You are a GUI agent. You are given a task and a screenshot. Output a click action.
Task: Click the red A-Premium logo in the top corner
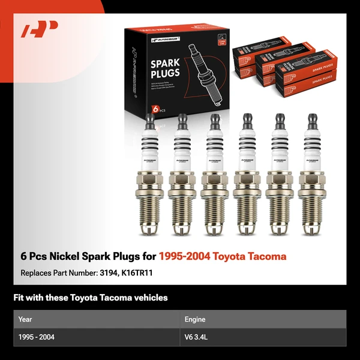coord(39,29)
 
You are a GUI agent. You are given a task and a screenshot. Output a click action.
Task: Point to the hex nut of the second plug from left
coord(181,178)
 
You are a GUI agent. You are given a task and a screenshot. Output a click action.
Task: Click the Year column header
coord(25,320)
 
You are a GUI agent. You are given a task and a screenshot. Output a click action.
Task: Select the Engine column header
coord(195,320)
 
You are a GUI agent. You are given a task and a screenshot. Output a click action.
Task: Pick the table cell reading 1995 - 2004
coord(37,337)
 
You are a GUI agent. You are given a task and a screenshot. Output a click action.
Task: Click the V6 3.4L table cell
coord(197,337)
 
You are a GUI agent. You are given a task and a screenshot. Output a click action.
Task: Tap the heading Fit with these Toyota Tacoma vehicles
coord(91,298)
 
